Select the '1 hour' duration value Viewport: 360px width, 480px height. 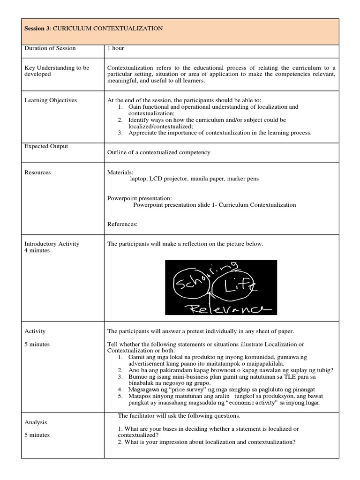coord(116,48)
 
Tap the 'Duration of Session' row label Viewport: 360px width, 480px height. coord(50,48)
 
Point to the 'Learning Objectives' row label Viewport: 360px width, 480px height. coord(51,100)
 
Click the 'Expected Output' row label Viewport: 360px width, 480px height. coord(46,146)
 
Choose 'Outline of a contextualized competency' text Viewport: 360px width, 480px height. coord(159,152)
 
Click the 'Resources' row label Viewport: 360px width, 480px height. coord(37,172)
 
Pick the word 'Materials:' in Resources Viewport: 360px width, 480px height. coord(120,172)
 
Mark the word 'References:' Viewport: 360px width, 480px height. coord(122,224)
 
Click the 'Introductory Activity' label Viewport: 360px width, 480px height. coord(52,244)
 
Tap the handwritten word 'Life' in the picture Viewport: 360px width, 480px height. coord(240,286)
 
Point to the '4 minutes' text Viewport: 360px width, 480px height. coord(37,250)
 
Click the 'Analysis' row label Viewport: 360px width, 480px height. coord(36,422)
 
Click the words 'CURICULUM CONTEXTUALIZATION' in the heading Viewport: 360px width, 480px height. coord(108,29)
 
